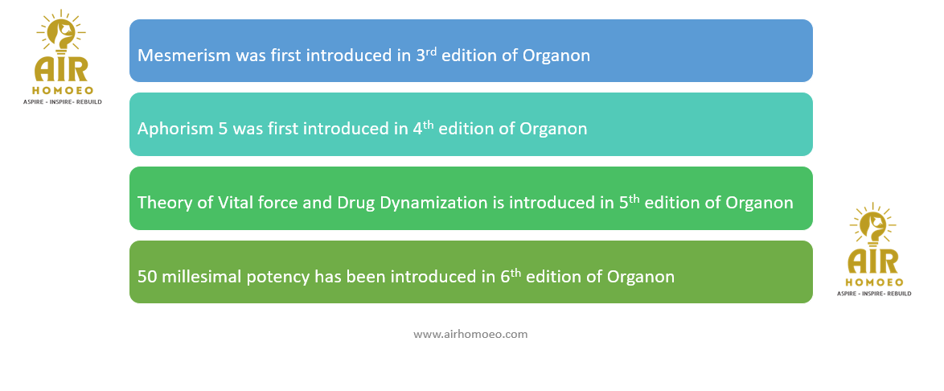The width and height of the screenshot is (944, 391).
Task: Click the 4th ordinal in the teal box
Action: click(424, 128)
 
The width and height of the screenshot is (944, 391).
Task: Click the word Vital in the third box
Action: click(230, 203)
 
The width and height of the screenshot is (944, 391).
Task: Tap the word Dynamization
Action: click(433, 203)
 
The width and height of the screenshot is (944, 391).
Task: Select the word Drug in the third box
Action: click(359, 204)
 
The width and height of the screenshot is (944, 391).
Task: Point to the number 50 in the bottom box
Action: click(147, 277)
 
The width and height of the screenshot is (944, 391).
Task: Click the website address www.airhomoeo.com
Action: click(470, 334)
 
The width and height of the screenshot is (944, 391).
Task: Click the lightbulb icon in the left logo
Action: click(61, 37)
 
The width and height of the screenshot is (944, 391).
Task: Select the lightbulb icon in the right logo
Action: click(872, 231)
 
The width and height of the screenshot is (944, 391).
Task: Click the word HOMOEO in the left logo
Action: click(61, 90)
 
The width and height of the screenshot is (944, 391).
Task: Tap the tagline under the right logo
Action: click(874, 294)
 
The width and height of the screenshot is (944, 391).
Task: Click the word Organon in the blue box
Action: click(556, 56)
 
